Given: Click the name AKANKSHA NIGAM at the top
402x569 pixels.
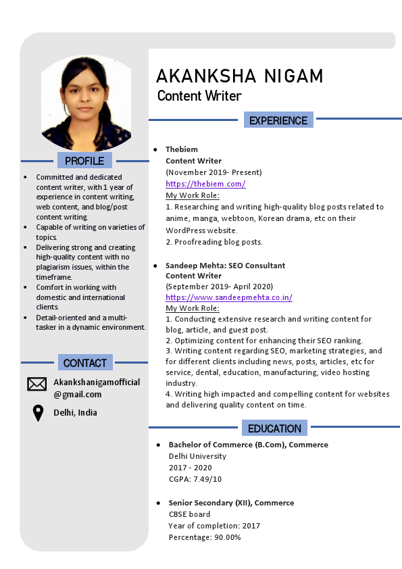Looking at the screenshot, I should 239,76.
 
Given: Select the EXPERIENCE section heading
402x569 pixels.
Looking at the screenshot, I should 278,120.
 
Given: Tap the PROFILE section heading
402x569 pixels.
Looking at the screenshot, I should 84,161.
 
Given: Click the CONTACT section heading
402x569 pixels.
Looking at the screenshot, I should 84,363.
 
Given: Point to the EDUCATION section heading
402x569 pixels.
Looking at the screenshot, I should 274,428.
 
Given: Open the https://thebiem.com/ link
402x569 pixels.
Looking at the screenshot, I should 205,184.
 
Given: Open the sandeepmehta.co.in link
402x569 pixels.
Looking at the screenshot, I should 229,297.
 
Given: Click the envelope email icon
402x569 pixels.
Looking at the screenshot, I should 36,384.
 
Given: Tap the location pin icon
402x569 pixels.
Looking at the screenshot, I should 38,413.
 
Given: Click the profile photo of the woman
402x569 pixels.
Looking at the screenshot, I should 85,103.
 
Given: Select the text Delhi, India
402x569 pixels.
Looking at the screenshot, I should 75,413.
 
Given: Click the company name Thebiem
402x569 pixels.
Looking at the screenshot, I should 182,149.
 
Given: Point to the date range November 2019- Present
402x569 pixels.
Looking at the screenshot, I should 213,172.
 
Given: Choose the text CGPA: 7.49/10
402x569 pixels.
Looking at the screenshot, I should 195,479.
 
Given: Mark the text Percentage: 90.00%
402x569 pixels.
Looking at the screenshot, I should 205,537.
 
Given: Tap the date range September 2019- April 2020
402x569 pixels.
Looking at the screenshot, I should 219,287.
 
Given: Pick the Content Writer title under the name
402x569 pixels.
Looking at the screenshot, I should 199,96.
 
